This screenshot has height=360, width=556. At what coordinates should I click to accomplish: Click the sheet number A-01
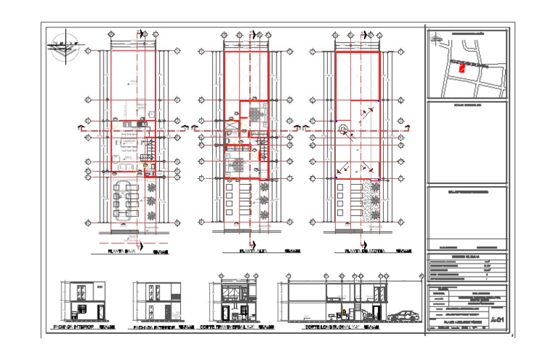click(x=497, y=319)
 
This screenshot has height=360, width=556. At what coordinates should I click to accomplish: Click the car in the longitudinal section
click(x=404, y=316)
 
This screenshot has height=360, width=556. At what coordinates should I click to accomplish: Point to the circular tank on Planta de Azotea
click(x=345, y=130)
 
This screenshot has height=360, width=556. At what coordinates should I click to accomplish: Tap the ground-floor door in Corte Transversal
click(x=225, y=314)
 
